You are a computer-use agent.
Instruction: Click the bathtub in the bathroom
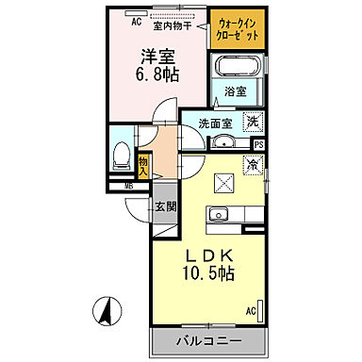[240, 68]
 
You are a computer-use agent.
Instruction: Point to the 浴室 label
[236, 91]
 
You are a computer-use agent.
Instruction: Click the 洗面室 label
[214, 123]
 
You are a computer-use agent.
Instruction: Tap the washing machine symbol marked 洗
[252, 121]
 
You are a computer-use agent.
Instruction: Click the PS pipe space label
[259, 144]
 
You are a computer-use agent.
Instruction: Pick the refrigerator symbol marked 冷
[252, 164]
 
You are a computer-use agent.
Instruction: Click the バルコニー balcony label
[208, 340]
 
